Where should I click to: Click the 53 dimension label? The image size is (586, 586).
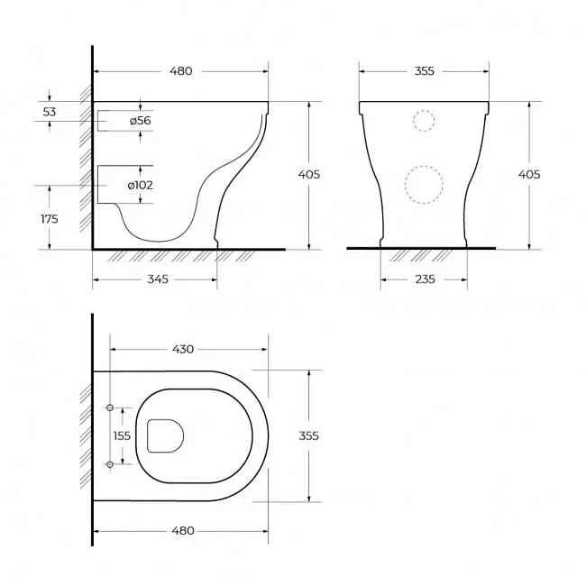50,112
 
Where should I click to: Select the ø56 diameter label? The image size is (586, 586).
141,121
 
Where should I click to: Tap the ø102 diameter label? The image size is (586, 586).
140,186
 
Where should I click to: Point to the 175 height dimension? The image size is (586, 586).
50,219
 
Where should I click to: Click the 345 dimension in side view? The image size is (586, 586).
158,279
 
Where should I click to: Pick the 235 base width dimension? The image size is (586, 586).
425,279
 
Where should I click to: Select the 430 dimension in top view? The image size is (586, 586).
183,350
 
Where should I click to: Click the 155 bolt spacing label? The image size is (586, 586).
122,435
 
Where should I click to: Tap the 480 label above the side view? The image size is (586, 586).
181,71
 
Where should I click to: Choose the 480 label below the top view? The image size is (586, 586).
183,531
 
